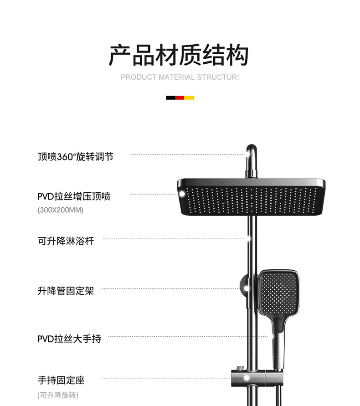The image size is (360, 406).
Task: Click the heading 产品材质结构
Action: pyautogui.click(x=179, y=55)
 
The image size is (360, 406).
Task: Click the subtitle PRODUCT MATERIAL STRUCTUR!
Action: pyautogui.click(x=180, y=77)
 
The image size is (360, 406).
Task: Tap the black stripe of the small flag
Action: pyautogui.click(x=170, y=98)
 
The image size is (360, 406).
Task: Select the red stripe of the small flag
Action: pyautogui.click(x=180, y=98)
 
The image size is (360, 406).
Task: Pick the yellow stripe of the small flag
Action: pyautogui.click(x=189, y=98)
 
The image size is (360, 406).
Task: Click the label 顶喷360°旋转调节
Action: pyautogui.click(x=75, y=157)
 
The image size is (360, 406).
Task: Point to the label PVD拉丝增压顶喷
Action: pyautogui.click(x=74, y=196)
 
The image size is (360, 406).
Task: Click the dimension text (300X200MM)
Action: pyautogui.click(x=60, y=211)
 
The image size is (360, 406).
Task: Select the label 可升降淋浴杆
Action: pyautogui.click(x=66, y=241)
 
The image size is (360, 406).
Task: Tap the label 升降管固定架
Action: pyautogui.click(x=66, y=290)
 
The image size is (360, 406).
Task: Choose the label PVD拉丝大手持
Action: pyautogui.click(x=69, y=339)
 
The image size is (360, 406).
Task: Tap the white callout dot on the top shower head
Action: pyautogui.click(x=182, y=195)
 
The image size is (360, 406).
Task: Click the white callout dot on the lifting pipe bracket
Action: pyautogui.click(x=246, y=288)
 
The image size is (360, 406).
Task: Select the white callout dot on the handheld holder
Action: pyautogui.click(x=247, y=378)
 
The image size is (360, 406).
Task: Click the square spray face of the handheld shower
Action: pyautogui.click(x=278, y=291)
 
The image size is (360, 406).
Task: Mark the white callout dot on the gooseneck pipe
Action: pyautogui.click(x=247, y=155)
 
